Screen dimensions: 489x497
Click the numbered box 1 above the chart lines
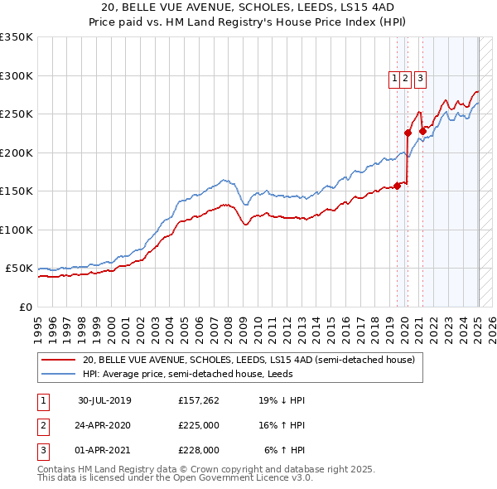393,79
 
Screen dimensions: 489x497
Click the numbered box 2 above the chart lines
405,79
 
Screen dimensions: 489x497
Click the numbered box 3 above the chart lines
420,79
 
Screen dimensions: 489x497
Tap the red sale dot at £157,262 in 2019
397,186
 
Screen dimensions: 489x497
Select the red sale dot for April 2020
408,133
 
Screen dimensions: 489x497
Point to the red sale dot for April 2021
422,130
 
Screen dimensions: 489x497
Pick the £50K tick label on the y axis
20,269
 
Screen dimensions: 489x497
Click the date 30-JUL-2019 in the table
104,400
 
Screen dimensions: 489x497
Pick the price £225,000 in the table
199,425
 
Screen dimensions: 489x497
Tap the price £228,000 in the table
199,450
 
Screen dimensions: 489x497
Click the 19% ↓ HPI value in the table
281,400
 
